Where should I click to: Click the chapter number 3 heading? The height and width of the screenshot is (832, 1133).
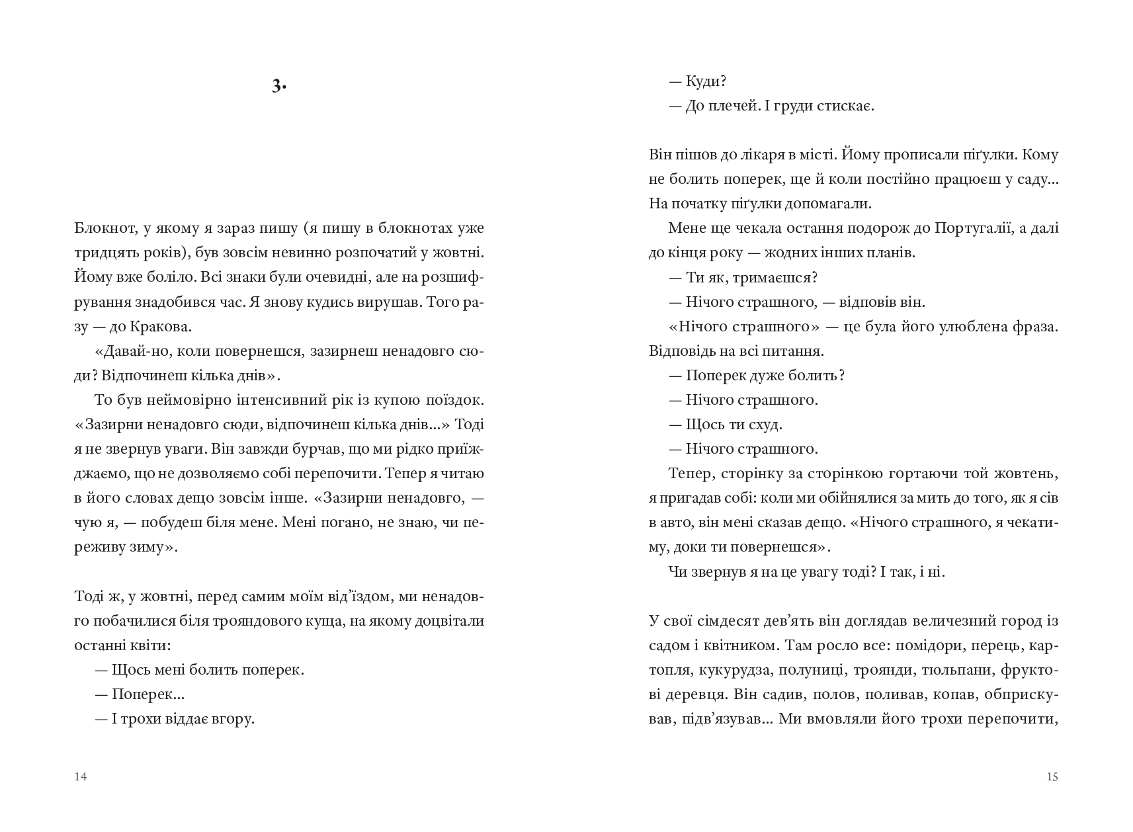pyautogui.click(x=278, y=86)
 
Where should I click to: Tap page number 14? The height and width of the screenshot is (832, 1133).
pyautogui.click(x=81, y=776)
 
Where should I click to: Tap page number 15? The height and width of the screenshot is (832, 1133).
pyautogui.click(x=1052, y=776)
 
